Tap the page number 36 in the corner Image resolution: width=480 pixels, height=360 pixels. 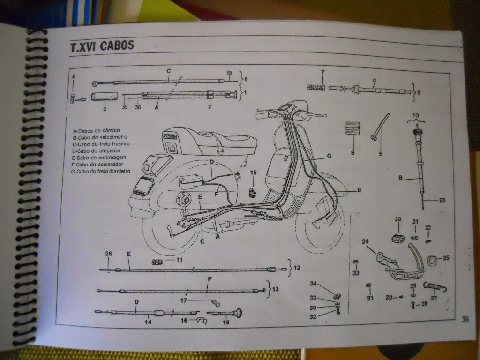point(465,319)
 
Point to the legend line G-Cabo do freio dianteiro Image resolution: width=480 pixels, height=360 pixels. point(102,172)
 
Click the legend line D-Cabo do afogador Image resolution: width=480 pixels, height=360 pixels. point(96,151)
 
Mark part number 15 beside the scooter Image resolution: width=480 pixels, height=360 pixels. point(254,173)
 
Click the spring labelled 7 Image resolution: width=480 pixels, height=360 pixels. point(316,87)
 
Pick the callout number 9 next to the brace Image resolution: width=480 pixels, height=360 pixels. point(419,93)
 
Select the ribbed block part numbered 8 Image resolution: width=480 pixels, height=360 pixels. point(352,128)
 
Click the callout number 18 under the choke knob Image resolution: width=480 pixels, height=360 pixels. point(226,322)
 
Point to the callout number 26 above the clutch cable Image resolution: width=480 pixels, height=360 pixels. point(109,255)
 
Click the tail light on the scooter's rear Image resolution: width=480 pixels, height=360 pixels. point(141,186)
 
